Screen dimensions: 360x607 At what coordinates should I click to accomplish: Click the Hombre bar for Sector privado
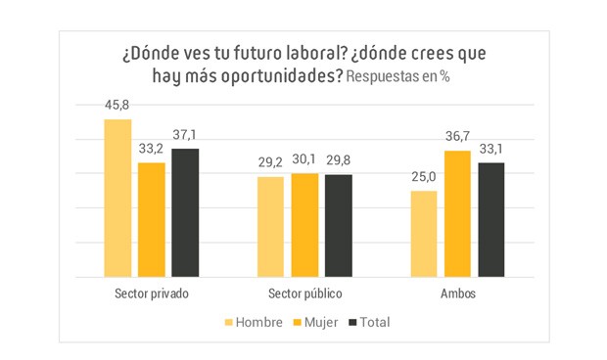pyautogui.click(x=117, y=199)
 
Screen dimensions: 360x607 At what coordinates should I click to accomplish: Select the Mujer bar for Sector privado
pyautogui.click(x=152, y=220)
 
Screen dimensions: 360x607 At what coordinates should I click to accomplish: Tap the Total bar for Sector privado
pyautogui.click(x=185, y=213)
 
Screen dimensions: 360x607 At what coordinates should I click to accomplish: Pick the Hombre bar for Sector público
pyautogui.click(x=271, y=227)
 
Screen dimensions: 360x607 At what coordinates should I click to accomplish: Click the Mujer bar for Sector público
pyautogui.click(x=304, y=225)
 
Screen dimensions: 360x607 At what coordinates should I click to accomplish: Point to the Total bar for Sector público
pyautogui.click(x=338, y=226)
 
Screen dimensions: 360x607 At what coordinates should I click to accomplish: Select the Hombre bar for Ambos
pyautogui.click(x=424, y=234)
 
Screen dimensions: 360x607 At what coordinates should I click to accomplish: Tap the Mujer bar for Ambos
pyautogui.click(x=457, y=214)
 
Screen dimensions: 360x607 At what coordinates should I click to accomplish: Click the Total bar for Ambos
pyautogui.click(x=490, y=220)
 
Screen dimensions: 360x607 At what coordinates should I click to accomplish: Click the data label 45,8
pyautogui.click(x=117, y=106)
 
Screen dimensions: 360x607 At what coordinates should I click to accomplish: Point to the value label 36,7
pyautogui.click(x=457, y=138)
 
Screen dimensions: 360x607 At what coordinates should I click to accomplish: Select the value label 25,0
pyautogui.click(x=424, y=178)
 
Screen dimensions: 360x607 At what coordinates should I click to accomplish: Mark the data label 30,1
pyautogui.click(x=304, y=160)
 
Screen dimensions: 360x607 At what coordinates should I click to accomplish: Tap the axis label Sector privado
pyautogui.click(x=151, y=293)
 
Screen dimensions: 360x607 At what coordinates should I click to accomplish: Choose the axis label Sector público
pyautogui.click(x=304, y=293)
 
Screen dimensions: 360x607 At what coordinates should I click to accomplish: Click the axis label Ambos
pyautogui.click(x=457, y=293)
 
